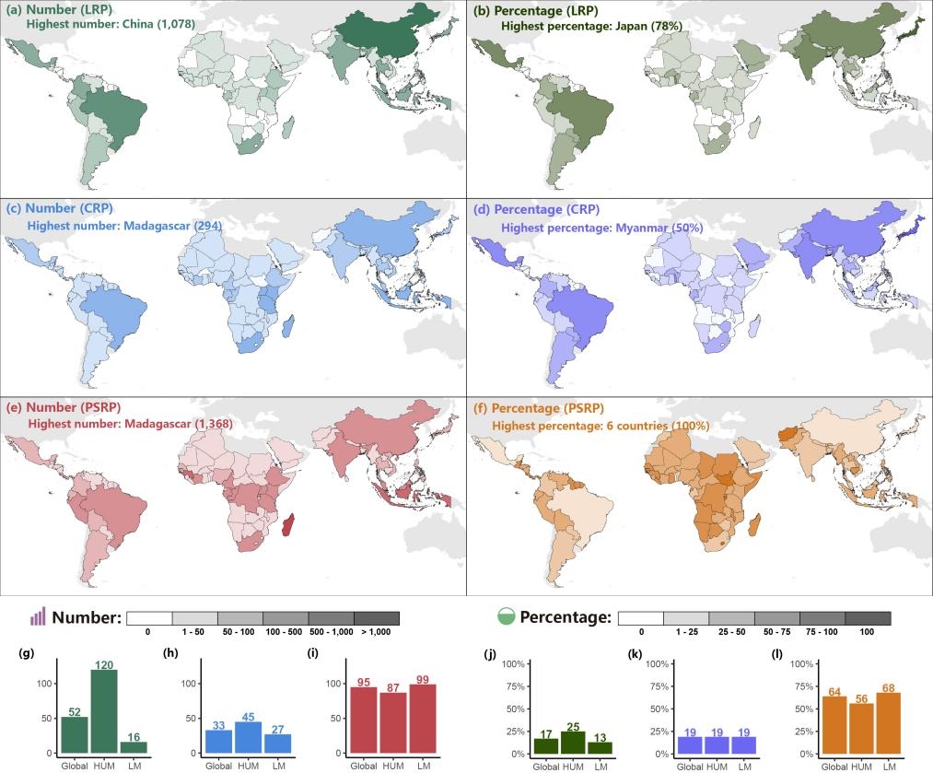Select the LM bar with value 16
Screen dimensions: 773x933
[x=134, y=747]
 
